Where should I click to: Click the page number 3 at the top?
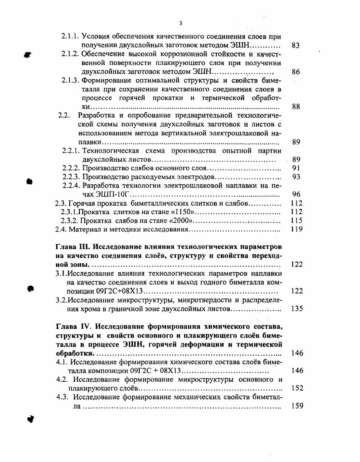pyautogui.click(x=180, y=23)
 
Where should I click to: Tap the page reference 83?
pyautogui.click(x=295, y=46)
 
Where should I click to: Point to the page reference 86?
pyautogui.click(x=295, y=72)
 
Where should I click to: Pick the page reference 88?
pyautogui.click(x=295, y=107)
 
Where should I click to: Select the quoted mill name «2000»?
pyautogui.click(x=181, y=221)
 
